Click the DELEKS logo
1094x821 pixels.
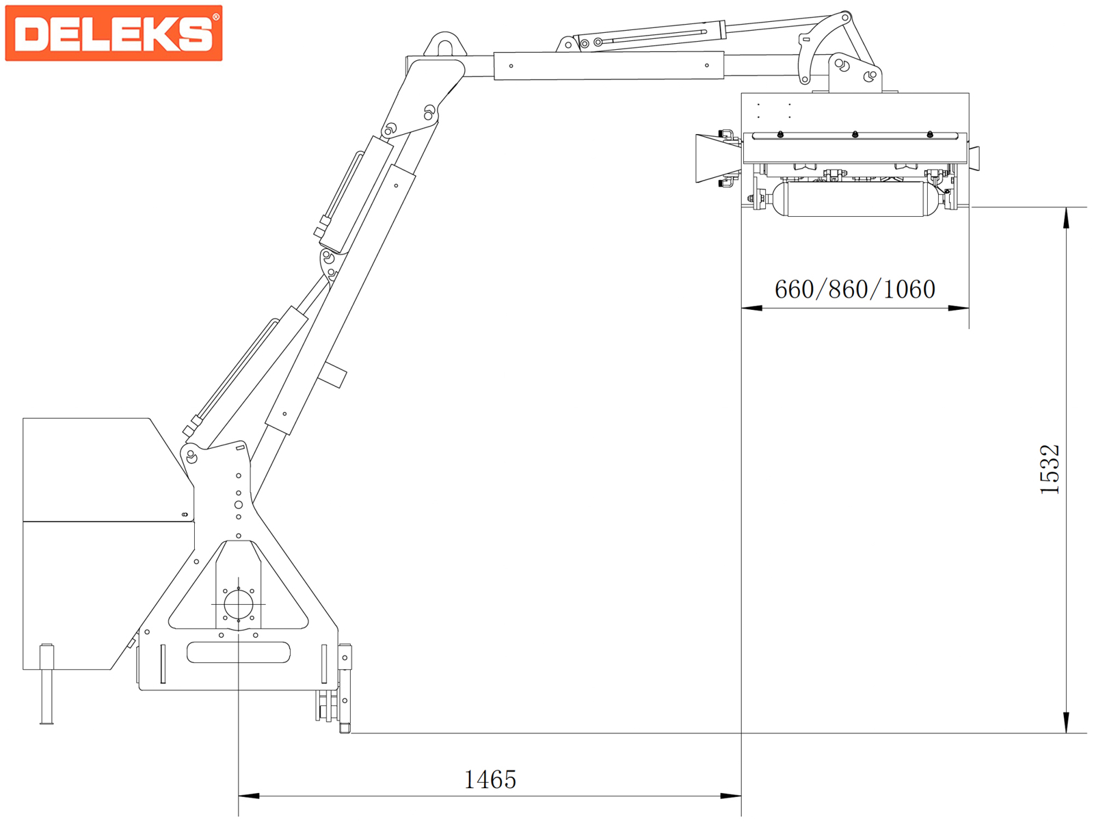114,33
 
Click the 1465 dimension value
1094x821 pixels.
490,780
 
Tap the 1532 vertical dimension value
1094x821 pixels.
1049,469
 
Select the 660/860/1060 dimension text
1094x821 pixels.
855,289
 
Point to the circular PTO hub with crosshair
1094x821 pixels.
238,604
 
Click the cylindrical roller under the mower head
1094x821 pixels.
855,199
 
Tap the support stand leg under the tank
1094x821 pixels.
46,684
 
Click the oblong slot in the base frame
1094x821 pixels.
238,653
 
